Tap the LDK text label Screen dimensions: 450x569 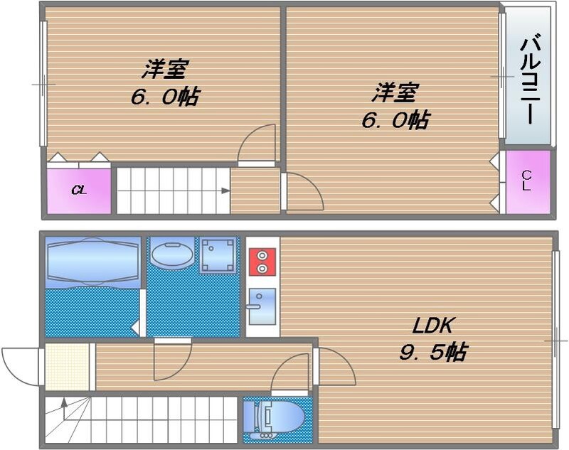[434, 326]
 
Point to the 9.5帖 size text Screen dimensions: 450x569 [434, 351]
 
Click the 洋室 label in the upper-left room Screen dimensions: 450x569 [165, 70]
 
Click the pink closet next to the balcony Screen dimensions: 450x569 [528, 182]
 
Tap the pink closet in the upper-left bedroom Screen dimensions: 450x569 [78, 191]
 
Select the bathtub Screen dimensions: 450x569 [92, 262]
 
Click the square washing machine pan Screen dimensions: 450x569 [218, 255]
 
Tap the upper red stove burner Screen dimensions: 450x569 [262, 255]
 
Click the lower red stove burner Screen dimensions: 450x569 [262, 269]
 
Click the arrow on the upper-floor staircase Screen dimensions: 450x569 [223, 191]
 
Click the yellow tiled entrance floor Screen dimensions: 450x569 [67, 366]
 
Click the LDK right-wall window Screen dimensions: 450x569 [555, 341]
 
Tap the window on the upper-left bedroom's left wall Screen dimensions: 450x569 [43, 84]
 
